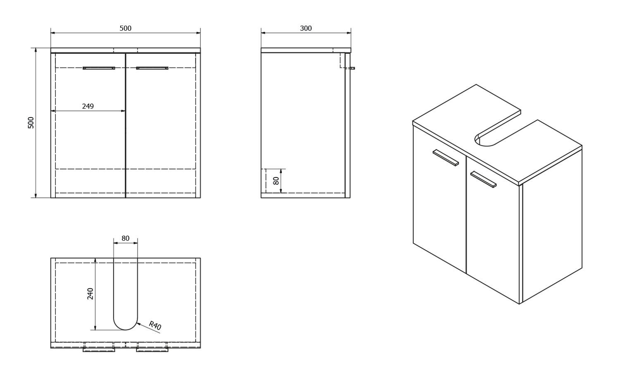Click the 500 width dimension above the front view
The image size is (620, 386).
[125, 28]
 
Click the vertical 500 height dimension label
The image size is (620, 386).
[31, 122]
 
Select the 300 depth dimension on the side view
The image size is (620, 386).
[305, 28]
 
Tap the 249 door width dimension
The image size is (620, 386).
[88, 106]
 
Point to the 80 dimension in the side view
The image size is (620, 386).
[276, 181]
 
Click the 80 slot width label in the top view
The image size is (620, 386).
[125, 238]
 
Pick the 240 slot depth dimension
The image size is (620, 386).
[90, 294]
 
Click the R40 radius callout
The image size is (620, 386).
[155, 326]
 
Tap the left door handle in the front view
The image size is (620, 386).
[99, 68]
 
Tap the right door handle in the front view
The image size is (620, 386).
[152, 68]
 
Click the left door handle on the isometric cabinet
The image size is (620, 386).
[446, 158]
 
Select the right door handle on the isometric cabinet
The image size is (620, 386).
[483, 180]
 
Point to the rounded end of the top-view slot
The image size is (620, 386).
[125, 325]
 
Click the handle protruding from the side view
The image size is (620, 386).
[352, 68]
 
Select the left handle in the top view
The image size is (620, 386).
[99, 350]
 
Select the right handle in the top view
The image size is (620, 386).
[152, 350]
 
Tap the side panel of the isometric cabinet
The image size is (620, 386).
[552, 232]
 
